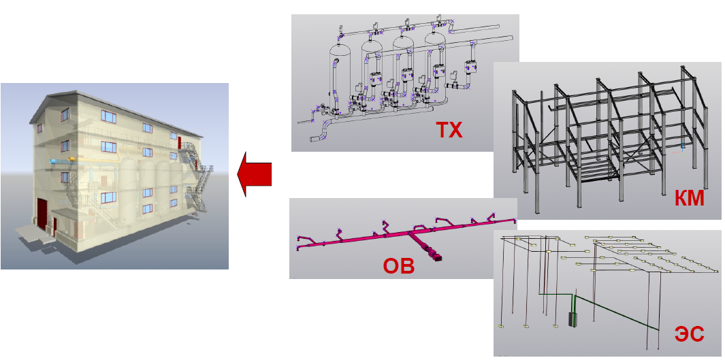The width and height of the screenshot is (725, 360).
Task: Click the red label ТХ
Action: coord(449,131)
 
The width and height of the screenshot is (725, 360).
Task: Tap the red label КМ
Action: coord(688,199)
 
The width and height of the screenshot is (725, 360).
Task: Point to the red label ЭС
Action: coord(689,334)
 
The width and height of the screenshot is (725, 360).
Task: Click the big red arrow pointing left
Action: coord(254,174)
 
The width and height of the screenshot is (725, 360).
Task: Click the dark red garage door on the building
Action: coord(42,214)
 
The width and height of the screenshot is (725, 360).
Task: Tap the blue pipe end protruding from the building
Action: coord(54,161)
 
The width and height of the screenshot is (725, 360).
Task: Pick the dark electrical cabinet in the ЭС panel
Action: coord(573,320)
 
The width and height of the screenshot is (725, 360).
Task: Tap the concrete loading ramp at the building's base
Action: coord(33,233)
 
